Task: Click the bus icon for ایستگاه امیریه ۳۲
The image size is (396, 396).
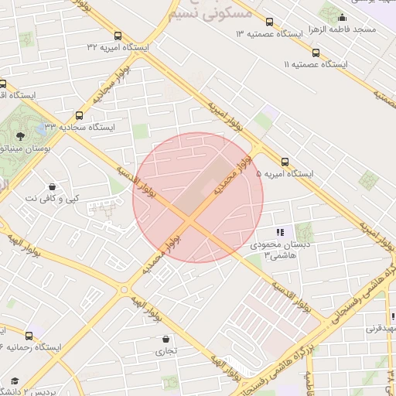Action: pyautogui.click(x=118, y=36)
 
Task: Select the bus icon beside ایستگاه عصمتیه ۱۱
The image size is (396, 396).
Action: pyautogui.click(x=316, y=53)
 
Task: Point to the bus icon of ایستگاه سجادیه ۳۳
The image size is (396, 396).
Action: pyautogui.click(x=79, y=115)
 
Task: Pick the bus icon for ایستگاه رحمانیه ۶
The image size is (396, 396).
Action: pyautogui.click(x=29, y=335)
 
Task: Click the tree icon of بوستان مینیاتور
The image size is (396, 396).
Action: pyautogui.click(x=19, y=136)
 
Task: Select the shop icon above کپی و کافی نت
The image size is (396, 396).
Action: pyautogui.click(x=52, y=186)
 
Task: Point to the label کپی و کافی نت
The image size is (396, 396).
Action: pyautogui.click(x=52, y=199)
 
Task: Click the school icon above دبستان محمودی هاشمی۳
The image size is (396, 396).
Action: pyautogui.click(x=280, y=232)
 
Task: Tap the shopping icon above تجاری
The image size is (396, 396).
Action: pyautogui.click(x=166, y=338)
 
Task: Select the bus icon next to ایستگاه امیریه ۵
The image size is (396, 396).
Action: pyautogui.click(x=285, y=162)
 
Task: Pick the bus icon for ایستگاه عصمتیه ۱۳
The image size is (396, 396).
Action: pyautogui.click(x=269, y=22)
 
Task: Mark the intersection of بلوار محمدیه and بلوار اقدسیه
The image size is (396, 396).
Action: pyautogui.click(x=192, y=220)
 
